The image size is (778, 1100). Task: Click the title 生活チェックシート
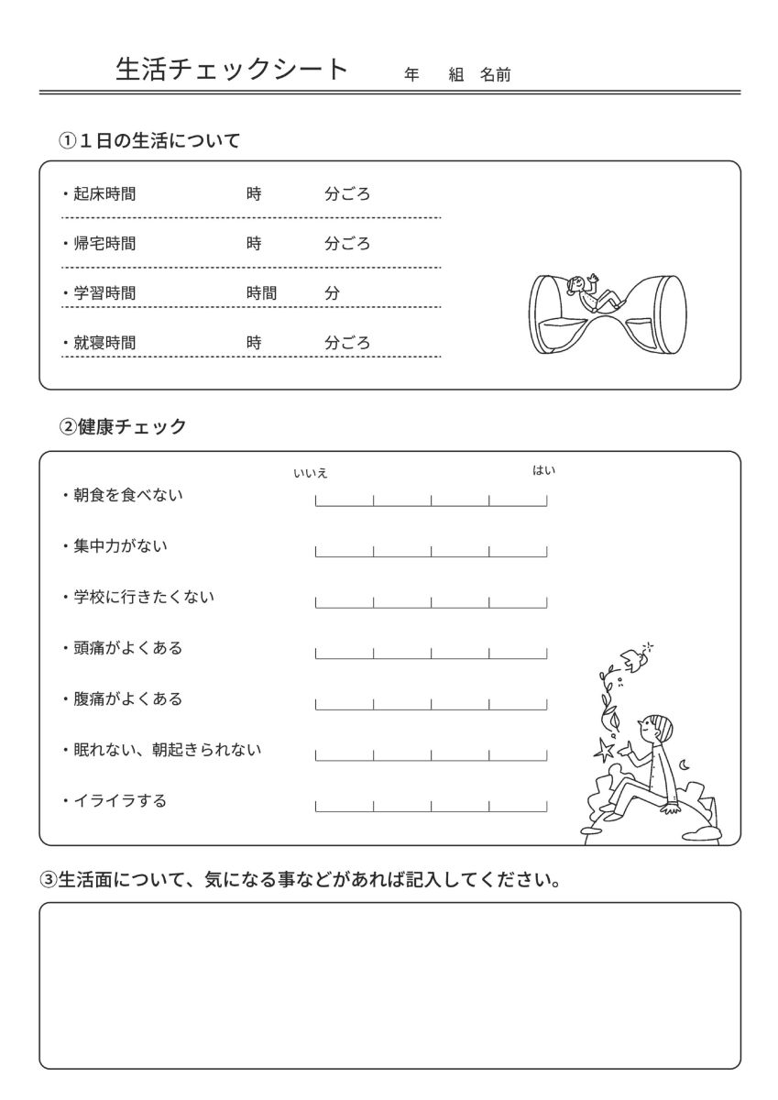[233, 70]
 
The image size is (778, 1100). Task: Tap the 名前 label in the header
[496, 75]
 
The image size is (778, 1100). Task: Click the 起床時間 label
[104, 194]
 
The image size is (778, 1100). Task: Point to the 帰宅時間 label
[104, 244]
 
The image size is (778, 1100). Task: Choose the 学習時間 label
[104, 293]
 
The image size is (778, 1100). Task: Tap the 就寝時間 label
[104, 343]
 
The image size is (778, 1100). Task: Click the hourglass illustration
[608, 313]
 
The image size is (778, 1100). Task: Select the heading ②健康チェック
[123, 426]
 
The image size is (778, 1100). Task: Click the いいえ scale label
[310, 473]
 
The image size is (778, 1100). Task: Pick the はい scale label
[544, 470]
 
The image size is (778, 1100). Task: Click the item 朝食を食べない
[127, 495]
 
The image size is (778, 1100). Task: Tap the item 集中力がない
[120, 546]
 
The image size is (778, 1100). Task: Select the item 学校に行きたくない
[143, 597]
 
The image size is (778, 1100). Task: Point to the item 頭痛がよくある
[127, 648]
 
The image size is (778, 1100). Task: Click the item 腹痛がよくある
[127, 698]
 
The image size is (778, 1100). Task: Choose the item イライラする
[120, 800]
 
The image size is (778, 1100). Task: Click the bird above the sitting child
[630, 656]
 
